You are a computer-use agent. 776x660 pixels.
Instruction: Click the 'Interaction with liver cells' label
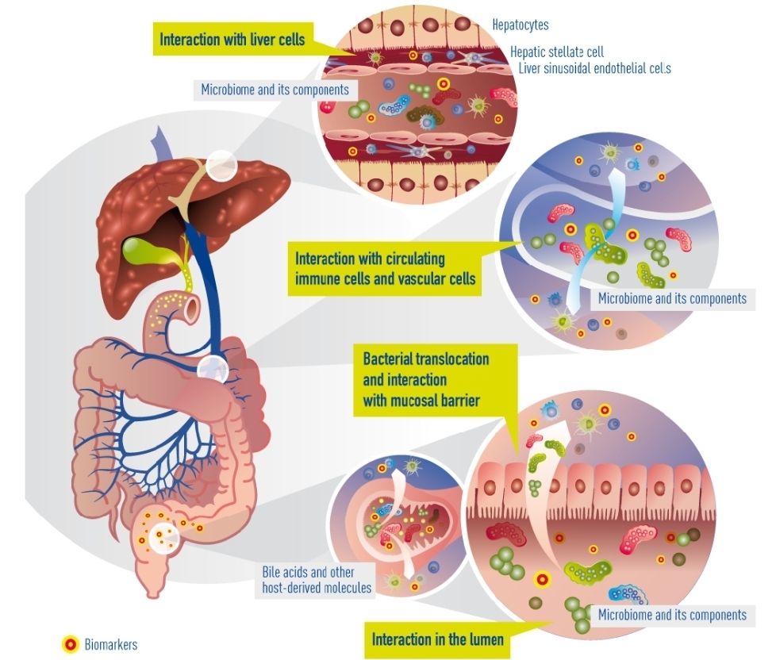[232, 39]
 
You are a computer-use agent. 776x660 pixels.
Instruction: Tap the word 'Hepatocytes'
[520, 25]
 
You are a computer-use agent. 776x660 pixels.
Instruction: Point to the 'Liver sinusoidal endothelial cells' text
[594, 68]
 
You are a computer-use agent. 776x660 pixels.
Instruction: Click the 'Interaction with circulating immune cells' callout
[385, 268]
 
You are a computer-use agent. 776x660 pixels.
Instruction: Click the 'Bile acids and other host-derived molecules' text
[316, 580]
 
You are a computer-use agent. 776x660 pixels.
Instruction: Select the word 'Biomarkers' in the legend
[111, 644]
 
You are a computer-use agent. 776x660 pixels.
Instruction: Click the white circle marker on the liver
[221, 166]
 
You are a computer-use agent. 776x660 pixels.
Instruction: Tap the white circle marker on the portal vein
[213, 368]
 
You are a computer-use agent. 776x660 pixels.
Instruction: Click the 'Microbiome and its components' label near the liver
[275, 89]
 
